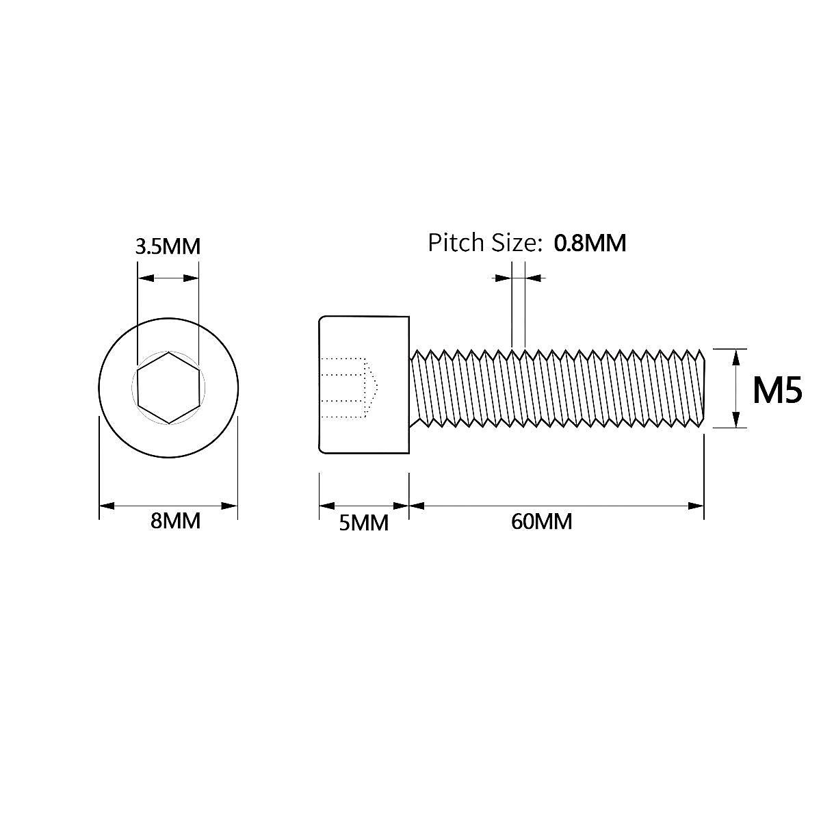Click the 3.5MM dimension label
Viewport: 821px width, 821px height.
[168, 246]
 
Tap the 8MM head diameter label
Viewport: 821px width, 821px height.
[175, 521]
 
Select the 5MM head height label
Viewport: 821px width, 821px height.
[363, 523]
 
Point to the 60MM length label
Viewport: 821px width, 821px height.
[541, 521]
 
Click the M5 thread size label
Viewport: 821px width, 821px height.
[777, 389]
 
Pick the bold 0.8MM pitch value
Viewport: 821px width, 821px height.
[590, 243]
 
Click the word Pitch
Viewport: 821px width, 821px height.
[456, 242]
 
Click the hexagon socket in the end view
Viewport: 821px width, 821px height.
[169, 388]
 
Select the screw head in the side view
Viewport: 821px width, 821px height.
[364, 385]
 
